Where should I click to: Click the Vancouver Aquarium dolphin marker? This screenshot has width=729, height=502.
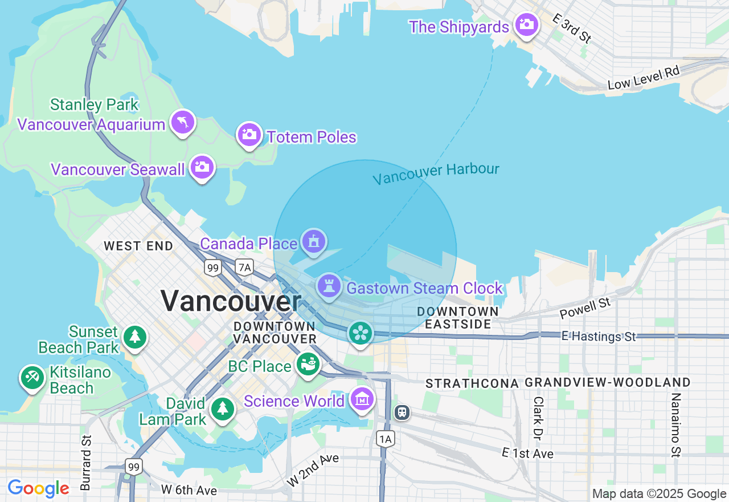(182, 122)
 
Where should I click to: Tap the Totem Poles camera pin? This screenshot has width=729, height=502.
(249, 135)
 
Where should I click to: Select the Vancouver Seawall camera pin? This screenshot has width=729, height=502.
(202, 167)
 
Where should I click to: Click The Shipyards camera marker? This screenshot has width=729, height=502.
(526, 25)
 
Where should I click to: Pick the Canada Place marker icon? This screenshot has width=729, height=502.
(313, 242)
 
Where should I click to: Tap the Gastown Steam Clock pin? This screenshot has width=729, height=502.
(329, 286)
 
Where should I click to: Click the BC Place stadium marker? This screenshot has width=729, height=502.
(308, 364)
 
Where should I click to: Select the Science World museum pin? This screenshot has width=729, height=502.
(362, 400)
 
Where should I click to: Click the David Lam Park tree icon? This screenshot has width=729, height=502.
(222, 408)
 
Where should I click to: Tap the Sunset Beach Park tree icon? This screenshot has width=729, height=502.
(135, 337)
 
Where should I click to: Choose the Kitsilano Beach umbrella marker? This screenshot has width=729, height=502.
(32, 378)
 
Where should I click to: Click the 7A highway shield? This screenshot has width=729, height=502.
(244, 267)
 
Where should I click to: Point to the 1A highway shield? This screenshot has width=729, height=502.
(386, 438)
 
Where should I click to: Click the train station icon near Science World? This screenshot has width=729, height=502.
(402, 412)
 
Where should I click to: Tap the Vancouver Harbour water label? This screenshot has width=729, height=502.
(436, 173)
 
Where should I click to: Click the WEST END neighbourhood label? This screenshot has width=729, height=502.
(138, 246)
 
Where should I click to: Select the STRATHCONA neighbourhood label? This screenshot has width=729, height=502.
(472, 383)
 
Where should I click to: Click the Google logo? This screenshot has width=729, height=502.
(38, 488)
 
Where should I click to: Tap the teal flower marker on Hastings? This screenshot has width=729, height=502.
(360, 333)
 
